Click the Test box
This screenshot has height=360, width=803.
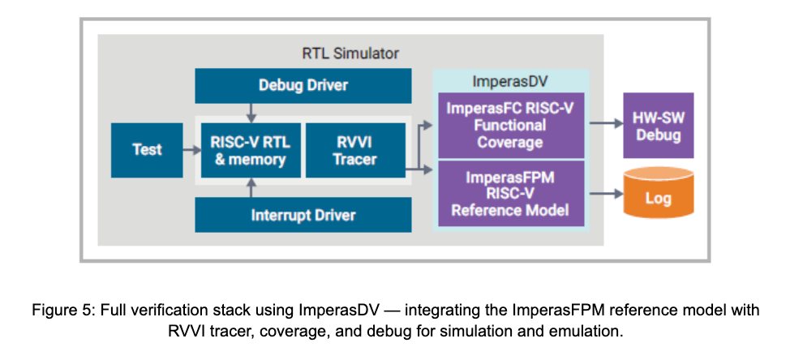pos(147,150)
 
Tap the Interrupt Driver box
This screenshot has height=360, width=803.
pos(303,215)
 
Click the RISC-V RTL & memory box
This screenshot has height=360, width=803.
pos(250,150)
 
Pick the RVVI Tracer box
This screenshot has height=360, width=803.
pos(354,150)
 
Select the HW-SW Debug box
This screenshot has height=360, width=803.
pos(658,126)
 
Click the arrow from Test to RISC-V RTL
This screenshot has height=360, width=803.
pos(191,150)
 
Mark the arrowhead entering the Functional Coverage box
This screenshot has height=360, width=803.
pos(432,124)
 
